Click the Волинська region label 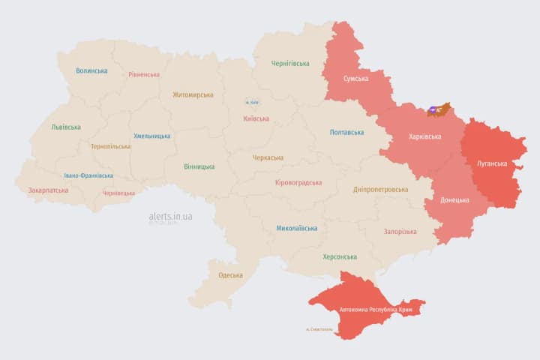[x=91, y=71]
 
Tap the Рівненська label [x=144, y=75]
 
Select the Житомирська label [x=193, y=95]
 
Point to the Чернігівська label [x=290, y=64]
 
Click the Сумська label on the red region [x=355, y=79]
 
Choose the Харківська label [x=424, y=137]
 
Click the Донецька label [x=454, y=200]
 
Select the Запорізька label [x=400, y=232]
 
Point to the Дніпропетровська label [x=381, y=190]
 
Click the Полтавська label [x=347, y=133]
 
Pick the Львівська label [x=66, y=127]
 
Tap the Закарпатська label [x=48, y=190]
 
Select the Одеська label [x=230, y=275]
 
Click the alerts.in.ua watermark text [x=170, y=216]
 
